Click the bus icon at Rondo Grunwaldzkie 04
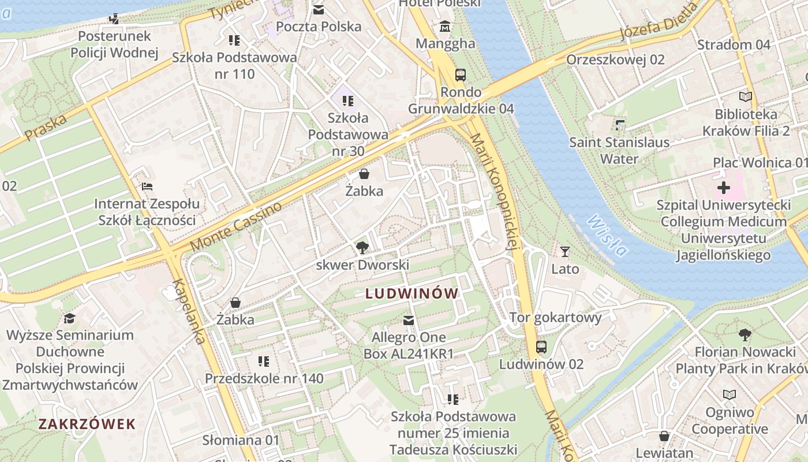(460, 75)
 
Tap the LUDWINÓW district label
(412, 294)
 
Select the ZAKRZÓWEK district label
(87, 424)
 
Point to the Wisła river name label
(607, 236)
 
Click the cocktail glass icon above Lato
(565, 252)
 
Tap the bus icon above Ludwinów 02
(541, 347)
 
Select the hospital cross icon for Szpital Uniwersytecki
(723, 188)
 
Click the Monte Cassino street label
(237, 226)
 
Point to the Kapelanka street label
(189, 311)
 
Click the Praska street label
(46, 126)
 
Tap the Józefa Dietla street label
(658, 21)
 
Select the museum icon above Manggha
(446, 27)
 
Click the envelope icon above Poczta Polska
(319, 9)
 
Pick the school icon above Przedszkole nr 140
(264, 362)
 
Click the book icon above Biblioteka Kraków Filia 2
(746, 97)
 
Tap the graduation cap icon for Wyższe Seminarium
(70, 318)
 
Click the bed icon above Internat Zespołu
(147, 187)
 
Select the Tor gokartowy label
(555, 317)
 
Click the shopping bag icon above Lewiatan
(664, 435)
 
